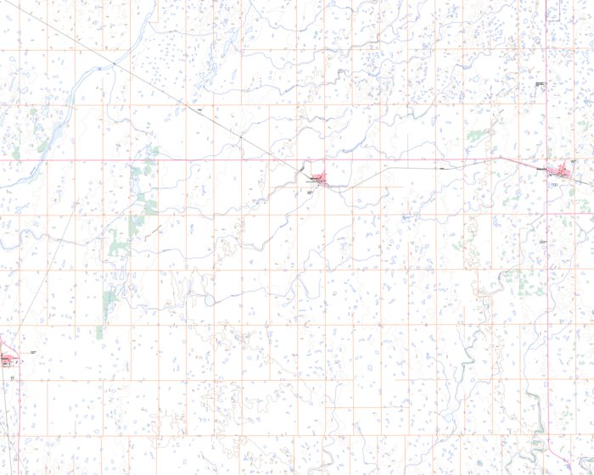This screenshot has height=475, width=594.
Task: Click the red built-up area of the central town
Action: (319, 178)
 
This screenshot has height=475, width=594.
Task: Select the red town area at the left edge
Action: (7, 360)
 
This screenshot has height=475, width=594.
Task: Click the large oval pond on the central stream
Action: (206, 300)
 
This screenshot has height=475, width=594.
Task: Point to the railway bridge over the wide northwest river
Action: (100, 66)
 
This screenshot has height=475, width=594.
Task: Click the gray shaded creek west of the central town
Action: (300, 173)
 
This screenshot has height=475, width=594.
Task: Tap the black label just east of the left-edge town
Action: (32, 352)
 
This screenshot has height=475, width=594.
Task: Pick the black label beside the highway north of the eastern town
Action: (540, 85)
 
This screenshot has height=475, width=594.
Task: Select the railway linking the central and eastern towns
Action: (424, 168)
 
